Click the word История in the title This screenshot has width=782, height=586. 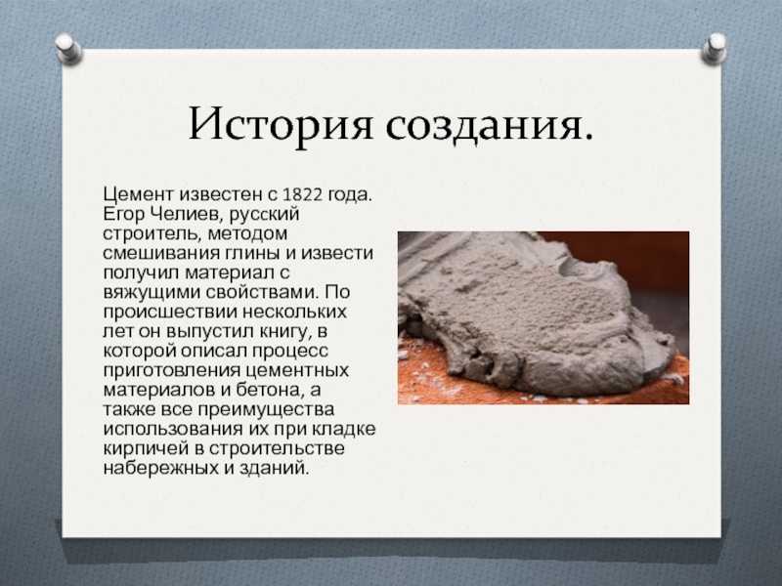point(281,125)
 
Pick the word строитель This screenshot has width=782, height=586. point(152,233)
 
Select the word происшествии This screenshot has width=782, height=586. point(170,312)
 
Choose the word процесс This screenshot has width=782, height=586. point(290,352)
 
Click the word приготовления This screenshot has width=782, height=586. point(172,371)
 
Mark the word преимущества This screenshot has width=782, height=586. point(266,409)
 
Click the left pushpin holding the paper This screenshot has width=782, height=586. point(67,49)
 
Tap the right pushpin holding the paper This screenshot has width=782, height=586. point(715,49)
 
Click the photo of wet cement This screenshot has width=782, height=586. point(543,318)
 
